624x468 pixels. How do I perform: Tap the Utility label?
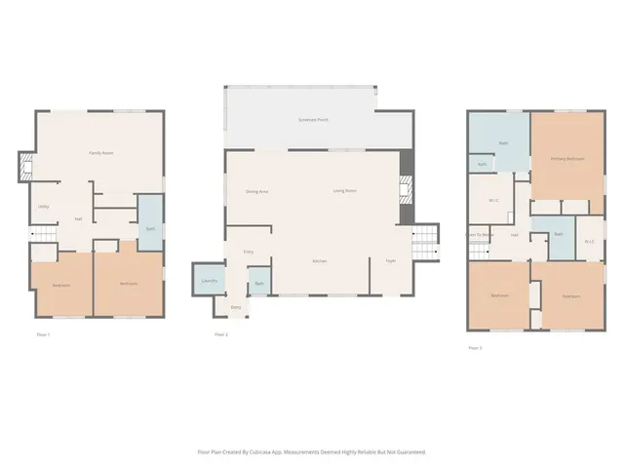coord(44,207)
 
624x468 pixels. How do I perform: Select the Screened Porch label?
coord(313,120)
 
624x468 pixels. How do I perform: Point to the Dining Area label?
coord(256,191)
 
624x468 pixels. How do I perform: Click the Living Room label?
coord(344,190)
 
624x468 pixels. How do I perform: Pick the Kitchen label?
coord(319,260)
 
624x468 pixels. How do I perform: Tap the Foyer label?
coord(390,260)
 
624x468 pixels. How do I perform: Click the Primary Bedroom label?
coord(566,159)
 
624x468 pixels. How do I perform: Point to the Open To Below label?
coord(480,235)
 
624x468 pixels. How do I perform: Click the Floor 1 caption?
coord(43,334)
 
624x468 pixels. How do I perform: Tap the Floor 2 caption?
coord(221,334)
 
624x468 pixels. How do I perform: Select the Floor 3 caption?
coord(475,347)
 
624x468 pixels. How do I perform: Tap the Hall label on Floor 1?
coord(78,219)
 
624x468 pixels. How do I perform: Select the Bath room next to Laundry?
coord(259,284)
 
